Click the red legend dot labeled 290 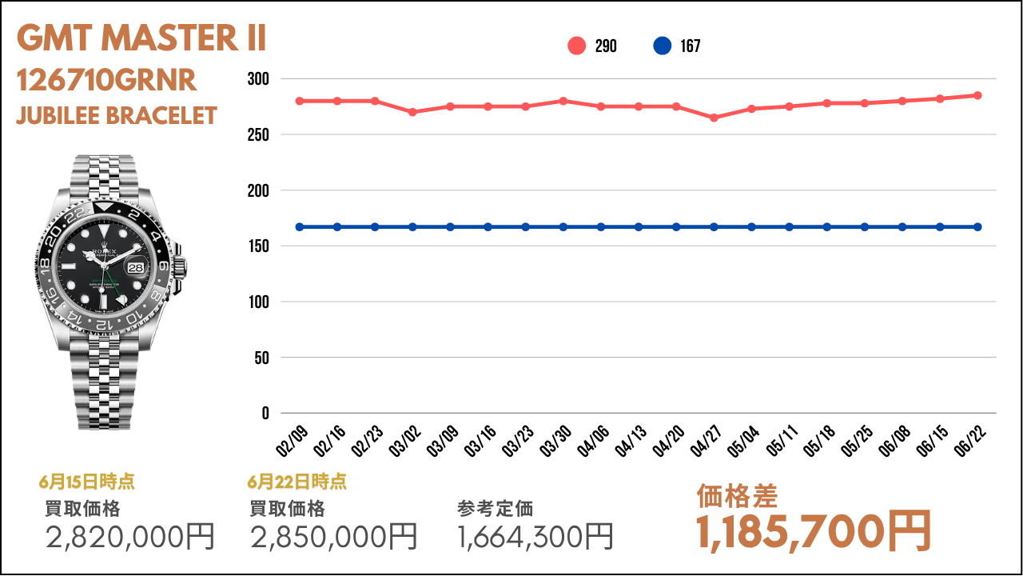point(577,46)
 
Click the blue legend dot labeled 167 point(663,46)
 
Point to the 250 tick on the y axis point(258,135)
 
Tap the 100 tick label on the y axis point(258,302)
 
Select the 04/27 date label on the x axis point(706,442)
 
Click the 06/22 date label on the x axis point(970,442)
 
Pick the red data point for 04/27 point(714,118)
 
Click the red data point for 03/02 point(412,112)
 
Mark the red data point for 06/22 point(977,95)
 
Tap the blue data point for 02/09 point(300,227)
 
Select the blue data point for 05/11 point(789,227)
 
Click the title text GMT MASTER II point(141,38)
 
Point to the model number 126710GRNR point(106,81)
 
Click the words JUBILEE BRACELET point(117,116)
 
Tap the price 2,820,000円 point(130,537)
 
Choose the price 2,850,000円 point(334,537)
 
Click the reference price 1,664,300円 point(535,537)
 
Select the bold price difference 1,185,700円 point(814,531)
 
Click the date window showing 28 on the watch point(136,267)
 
